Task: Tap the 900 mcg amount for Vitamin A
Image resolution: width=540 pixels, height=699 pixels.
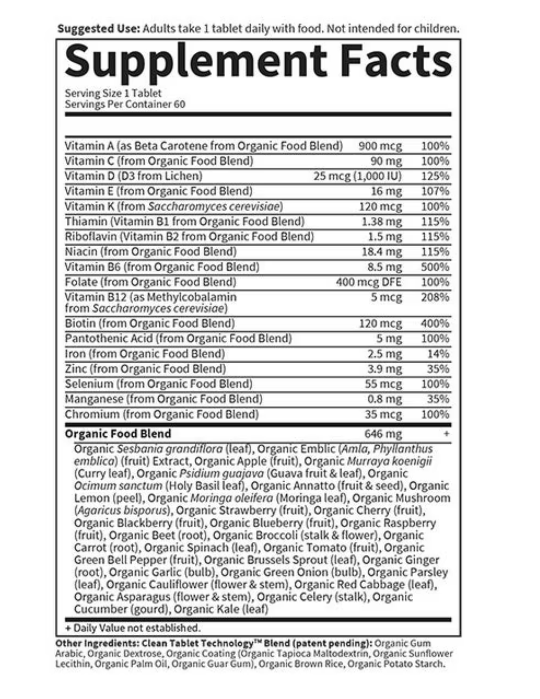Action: (x=380, y=146)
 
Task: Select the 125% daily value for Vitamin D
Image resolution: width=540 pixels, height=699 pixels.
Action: (x=435, y=176)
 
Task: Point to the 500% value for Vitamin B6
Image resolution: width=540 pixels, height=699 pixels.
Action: (x=435, y=267)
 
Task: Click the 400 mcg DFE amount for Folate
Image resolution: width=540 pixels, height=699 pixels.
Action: (x=368, y=282)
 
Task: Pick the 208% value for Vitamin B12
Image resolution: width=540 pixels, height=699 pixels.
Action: (x=435, y=297)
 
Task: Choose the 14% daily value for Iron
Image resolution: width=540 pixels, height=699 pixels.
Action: (x=438, y=354)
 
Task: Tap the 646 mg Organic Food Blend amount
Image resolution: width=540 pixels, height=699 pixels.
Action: (x=383, y=434)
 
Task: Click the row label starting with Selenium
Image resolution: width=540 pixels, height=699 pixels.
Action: (x=158, y=384)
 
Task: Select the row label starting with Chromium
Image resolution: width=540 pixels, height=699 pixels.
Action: (x=162, y=414)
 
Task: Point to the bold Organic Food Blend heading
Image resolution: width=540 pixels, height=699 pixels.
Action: (x=118, y=434)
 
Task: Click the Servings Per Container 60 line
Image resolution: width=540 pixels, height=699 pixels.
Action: (x=125, y=104)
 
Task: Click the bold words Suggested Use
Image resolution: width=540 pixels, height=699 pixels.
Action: (x=98, y=29)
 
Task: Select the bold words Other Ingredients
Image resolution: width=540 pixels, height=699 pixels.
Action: (x=93, y=643)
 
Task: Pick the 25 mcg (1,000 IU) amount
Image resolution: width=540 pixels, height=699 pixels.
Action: (x=357, y=176)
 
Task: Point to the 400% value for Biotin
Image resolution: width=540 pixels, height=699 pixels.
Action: (x=435, y=323)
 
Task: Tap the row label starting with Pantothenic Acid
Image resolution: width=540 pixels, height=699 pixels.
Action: (x=178, y=338)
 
